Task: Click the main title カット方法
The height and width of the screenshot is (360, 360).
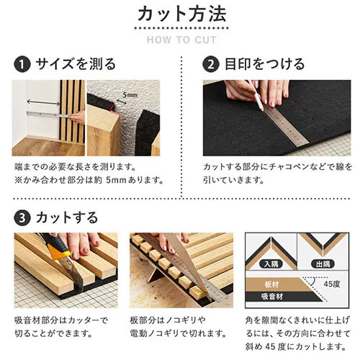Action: pyautogui.click(x=179, y=14)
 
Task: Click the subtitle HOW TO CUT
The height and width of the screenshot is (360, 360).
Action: pyautogui.click(x=179, y=39)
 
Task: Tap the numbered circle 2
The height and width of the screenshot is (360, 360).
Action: pyautogui.click(x=210, y=65)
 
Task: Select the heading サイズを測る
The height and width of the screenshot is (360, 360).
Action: pyautogui.click(x=76, y=65)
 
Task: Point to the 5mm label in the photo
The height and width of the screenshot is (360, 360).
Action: pyautogui.click(x=130, y=94)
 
